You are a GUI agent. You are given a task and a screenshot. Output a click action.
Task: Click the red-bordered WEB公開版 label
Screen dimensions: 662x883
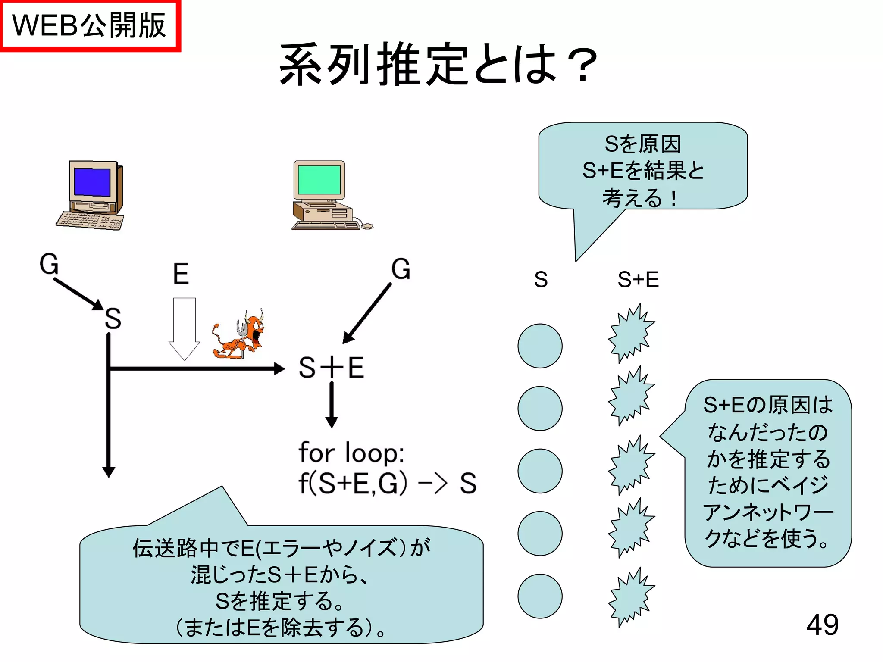coord(89,25)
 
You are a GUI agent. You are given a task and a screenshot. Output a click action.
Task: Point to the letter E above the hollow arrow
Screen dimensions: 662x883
coord(181,274)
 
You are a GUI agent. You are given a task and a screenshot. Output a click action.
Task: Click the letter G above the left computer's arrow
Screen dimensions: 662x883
coord(49,264)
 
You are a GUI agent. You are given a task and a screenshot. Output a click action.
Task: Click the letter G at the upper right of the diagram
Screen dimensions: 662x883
coord(401,269)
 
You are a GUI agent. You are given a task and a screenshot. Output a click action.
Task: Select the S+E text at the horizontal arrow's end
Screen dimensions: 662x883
coord(331,368)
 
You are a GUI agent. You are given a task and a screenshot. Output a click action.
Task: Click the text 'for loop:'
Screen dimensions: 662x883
coord(351,453)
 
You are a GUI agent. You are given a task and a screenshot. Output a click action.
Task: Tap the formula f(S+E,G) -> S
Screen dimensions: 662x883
coord(387,483)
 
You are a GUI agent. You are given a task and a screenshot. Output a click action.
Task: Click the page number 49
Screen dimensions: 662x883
coord(822,625)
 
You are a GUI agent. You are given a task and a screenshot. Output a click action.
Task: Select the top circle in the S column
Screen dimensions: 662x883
coord(540,346)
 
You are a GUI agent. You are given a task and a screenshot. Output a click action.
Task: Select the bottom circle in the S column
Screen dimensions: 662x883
coord(540,596)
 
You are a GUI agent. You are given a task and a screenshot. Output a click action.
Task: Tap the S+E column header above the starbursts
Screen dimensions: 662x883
coord(638,279)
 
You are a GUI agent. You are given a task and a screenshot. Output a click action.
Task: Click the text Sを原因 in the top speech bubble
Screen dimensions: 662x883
coord(642,144)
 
